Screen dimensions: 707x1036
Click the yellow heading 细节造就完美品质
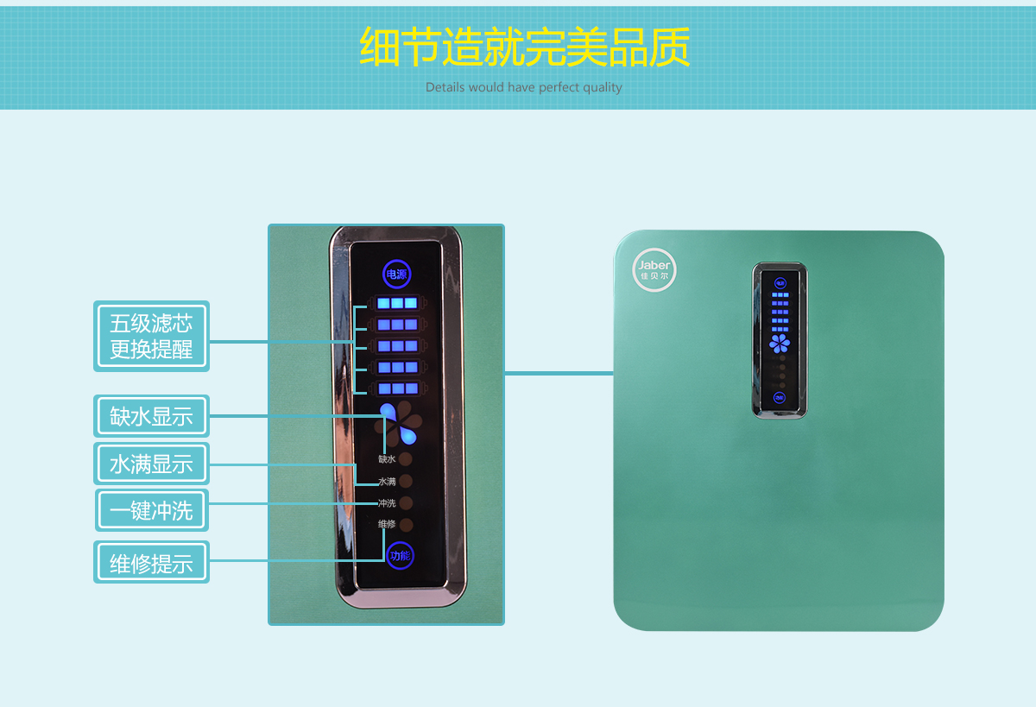524,47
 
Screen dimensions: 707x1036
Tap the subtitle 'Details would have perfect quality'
523,87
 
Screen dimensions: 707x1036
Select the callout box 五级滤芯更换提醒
151,337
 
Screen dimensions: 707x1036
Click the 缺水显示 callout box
151,417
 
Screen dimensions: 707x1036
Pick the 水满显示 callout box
151,464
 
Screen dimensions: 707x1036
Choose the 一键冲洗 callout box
151,511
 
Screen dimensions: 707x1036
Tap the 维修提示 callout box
151,563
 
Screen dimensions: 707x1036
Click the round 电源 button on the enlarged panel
396,275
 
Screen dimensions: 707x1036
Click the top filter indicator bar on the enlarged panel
397,303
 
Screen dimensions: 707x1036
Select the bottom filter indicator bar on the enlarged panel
397,388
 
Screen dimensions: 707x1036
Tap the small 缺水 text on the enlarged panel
386,459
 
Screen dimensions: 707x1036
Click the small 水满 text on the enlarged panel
386,481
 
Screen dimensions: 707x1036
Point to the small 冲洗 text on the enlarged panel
386,503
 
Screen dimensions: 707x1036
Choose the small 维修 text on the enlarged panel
386,524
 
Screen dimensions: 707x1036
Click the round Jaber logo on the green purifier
654,269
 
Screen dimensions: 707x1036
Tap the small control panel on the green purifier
780,340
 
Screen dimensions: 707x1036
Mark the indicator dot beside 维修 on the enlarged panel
406,525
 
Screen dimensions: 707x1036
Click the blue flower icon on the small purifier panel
780,344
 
